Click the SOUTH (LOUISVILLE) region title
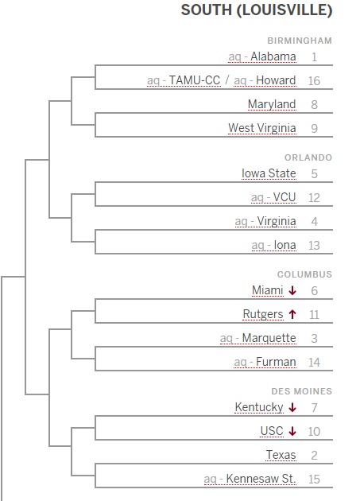coord(257,10)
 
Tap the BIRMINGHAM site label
coord(300,41)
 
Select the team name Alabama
coord(273,56)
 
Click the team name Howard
coord(276,80)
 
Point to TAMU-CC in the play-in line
coord(195,80)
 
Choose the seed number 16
coord(314,81)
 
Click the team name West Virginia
coord(262,128)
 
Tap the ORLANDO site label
coord(308,157)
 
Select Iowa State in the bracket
coord(269,173)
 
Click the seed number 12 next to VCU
coord(314,198)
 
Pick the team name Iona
coord(285,245)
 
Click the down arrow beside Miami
coord(292,290)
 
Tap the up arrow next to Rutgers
coord(292,314)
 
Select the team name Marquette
coord(269,338)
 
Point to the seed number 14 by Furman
coord(315,363)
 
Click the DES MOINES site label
coord(301,391)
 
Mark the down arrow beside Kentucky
coord(292,407)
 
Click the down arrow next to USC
coord(292,431)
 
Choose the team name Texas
coord(281,455)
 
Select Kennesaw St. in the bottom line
coord(261,479)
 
